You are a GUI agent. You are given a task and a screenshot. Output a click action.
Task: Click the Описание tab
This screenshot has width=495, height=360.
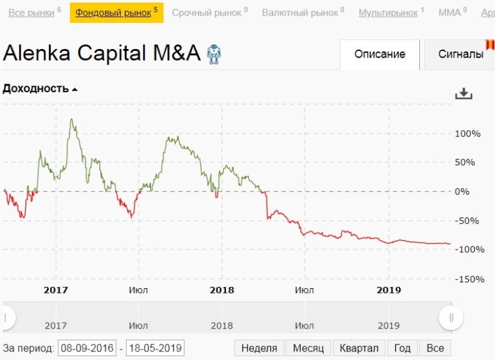[380, 54]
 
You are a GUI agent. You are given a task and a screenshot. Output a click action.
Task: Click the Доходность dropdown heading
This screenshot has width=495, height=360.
[40, 89]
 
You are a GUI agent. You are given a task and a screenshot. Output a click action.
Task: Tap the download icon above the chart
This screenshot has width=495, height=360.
[463, 93]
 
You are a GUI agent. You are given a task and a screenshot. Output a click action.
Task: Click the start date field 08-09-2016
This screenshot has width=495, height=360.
[87, 348]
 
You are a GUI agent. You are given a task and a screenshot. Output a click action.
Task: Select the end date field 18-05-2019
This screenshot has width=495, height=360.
[155, 348]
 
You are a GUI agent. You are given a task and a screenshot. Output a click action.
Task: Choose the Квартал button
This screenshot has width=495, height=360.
[359, 348]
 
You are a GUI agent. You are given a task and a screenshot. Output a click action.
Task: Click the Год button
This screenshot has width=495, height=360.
[402, 348]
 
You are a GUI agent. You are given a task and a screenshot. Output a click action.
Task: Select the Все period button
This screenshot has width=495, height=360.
[435, 348]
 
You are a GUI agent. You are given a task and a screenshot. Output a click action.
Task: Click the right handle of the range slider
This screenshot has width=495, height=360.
[451, 318]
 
